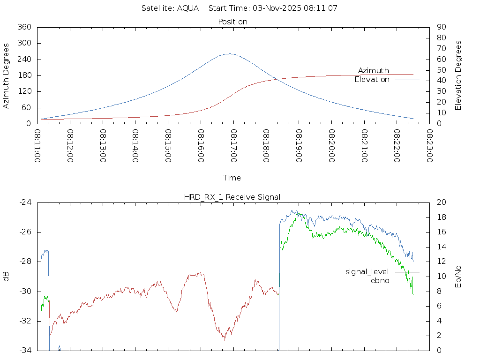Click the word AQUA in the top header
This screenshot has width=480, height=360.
(188, 8)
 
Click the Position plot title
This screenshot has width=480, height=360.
(233, 22)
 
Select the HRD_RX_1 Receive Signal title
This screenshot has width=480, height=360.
(232, 197)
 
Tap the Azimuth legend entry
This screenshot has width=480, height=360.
(374, 70)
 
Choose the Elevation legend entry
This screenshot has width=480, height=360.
(372, 80)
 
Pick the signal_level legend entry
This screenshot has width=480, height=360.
(367, 271)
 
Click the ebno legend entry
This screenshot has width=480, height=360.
(380, 280)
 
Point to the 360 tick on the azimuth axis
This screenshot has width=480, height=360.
(24, 27)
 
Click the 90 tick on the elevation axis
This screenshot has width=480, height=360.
(441, 27)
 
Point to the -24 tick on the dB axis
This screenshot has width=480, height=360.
(25, 202)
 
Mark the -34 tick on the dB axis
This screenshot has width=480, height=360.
(25, 350)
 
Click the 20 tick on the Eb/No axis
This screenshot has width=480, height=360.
(441, 202)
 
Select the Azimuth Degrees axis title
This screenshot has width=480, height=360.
(7, 75)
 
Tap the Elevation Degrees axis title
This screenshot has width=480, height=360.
(458, 75)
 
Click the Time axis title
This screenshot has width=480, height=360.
(232, 178)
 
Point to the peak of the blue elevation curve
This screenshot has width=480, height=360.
(229, 53)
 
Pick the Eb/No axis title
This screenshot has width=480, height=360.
(458, 276)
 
